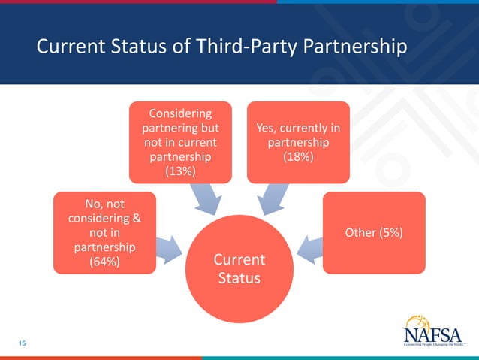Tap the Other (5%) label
pyautogui.click(x=373, y=233)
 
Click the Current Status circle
pyautogui.click(x=238, y=269)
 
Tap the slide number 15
pyautogui.click(x=22, y=343)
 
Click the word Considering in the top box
pyautogui.click(x=180, y=113)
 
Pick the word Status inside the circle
pyautogui.click(x=239, y=279)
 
